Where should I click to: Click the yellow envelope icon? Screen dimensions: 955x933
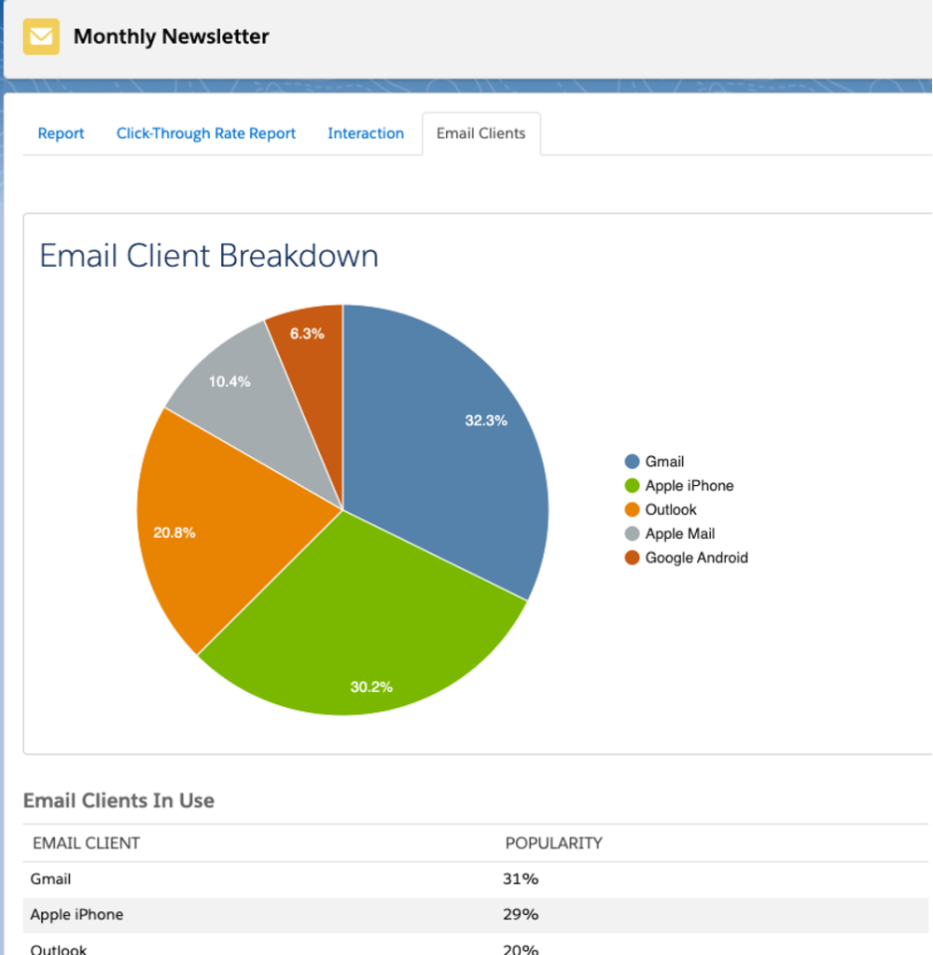[41, 37]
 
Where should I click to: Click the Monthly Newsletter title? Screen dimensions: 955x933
[171, 37]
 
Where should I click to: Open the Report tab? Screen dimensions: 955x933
[61, 133]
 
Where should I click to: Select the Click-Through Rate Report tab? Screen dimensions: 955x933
[205, 133]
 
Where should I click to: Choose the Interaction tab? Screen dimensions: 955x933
[366, 133]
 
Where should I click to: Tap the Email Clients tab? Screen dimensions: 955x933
[480, 133]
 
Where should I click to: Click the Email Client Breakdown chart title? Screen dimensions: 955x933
[209, 256]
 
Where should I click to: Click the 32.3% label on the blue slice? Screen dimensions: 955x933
[486, 421]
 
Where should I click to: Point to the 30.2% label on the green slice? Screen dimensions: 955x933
[371, 687]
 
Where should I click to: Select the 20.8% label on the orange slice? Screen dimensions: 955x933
[174, 533]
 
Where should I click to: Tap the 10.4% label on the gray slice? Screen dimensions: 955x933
[230, 381]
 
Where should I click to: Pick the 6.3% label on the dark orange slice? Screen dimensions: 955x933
[307, 334]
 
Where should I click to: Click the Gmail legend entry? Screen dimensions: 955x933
[663, 462]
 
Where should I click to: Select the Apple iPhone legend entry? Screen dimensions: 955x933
[689, 486]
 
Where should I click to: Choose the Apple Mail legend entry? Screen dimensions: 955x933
[679, 534]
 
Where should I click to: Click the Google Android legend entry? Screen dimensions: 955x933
[696, 559]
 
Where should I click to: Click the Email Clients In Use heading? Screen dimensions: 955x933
[118, 800]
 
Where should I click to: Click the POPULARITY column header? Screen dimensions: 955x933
[553, 843]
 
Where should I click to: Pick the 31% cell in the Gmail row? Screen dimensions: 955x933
[520, 879]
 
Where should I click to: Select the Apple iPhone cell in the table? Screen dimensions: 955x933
[77, 915]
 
